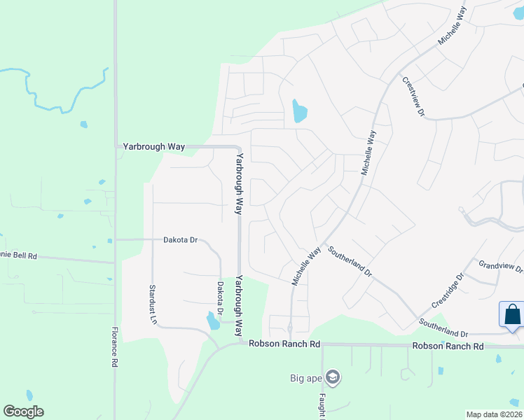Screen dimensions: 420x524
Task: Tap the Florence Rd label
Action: pyautogui.click(x=115, y=348)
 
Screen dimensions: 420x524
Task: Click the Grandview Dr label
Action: pyautogui.click(x=500, y=267)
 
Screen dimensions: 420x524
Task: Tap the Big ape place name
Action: pyautogui.click(x=305, y=379)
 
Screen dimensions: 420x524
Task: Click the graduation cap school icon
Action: pyautogui.click(x=332, y=378)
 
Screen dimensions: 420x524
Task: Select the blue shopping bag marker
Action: pyautogui.click(x=512, y=314)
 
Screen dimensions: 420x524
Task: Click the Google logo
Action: pyautogui.click(x=23, y=412)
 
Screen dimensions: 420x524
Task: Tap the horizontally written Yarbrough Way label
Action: pyautogui.click(x=153, y=147)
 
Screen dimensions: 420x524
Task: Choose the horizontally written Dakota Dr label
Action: pyautogui.click(x=181, y=239)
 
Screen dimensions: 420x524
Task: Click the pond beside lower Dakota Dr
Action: pyautogui.click(x=212, y=321)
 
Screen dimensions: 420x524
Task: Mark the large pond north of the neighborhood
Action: pyautogui.click(x=299, y=111)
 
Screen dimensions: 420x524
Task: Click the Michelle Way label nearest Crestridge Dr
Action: pyautogui.click(x=306, y=265)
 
